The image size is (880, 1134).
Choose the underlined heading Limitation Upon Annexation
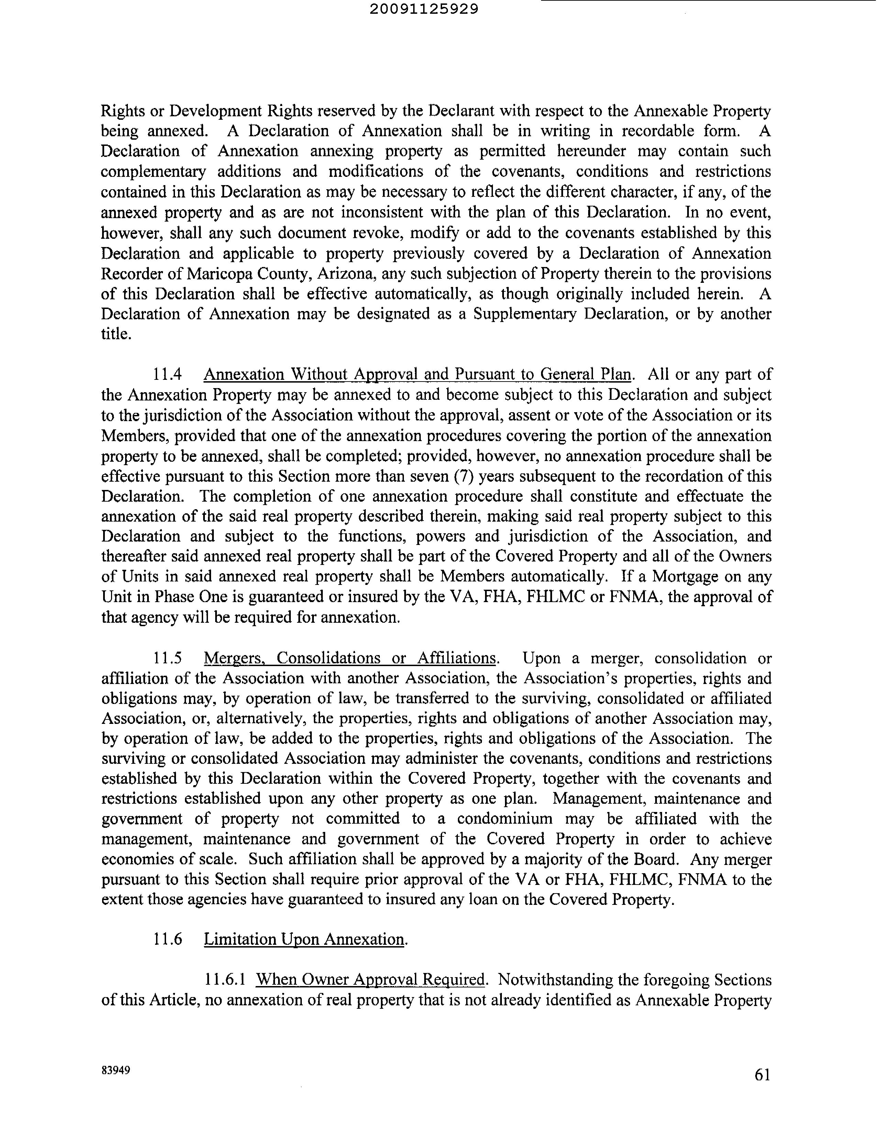coord(304,939)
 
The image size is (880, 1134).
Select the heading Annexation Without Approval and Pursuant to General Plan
coord(417,374)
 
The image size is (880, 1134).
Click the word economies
coord(139,859)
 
